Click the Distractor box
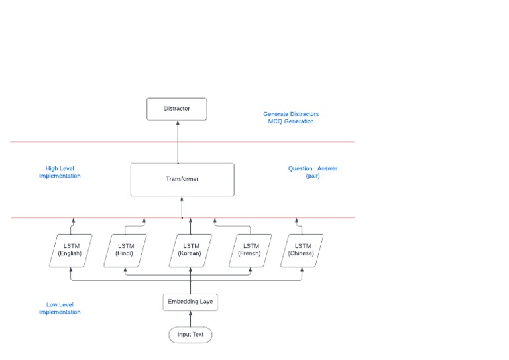click(x=177, y=109)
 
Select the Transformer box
click(x=182, y=179)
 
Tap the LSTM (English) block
click(x=70, y=250)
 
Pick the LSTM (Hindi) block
click(x=125, y=250)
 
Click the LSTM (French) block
click(x=249, y=250)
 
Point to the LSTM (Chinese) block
click(x=302, y=250)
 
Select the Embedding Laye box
click(x=190, y=302)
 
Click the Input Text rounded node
click(x=190, y=335)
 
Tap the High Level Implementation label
click(x=60, y=172)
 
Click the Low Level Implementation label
click(x=60, y=308)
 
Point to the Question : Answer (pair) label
click(x=312, y=172)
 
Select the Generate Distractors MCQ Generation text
click(x=291, y=118)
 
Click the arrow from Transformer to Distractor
click(x=178, y=142)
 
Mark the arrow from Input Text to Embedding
click(x=190, y=320)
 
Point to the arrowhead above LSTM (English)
click(x=74, y=220)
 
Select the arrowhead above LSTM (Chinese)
click(x=296, y=220)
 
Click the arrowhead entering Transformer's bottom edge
click(x=182, y=199)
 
